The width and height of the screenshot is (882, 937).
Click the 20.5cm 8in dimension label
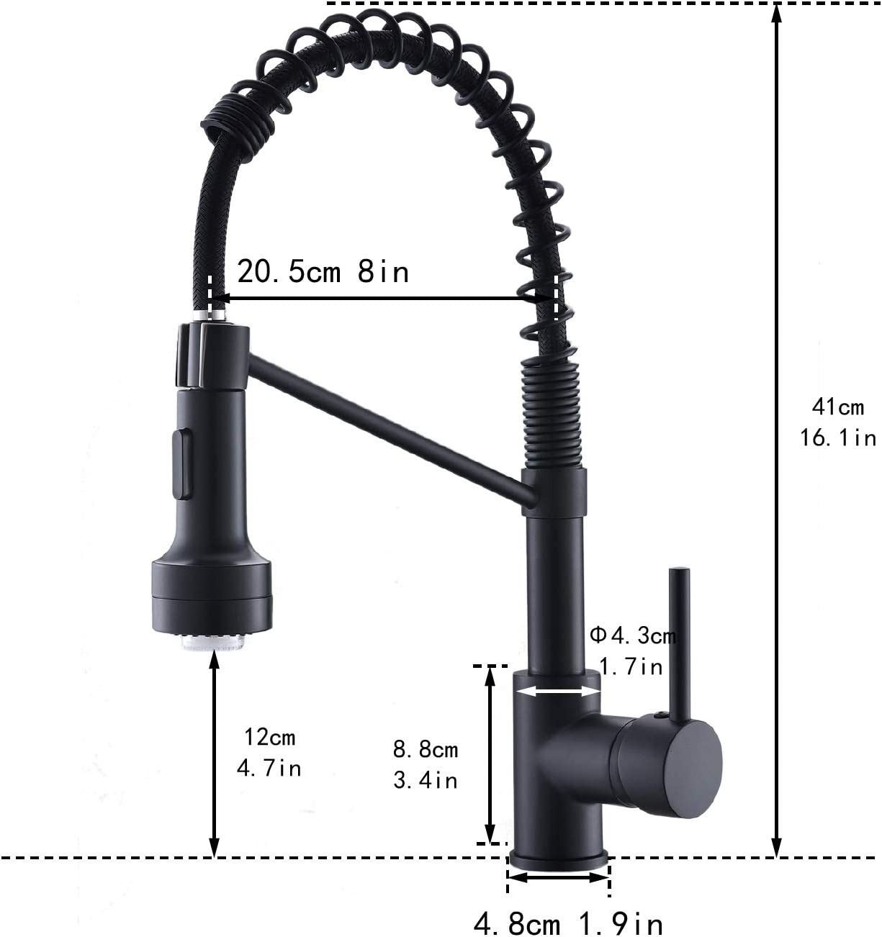323,272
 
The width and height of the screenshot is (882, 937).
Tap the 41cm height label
837,407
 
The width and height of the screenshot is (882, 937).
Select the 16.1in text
837,438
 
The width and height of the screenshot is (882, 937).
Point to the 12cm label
269,737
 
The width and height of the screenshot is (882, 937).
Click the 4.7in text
269,768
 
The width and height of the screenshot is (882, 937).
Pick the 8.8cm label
426,750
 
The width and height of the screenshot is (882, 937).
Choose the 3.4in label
426,780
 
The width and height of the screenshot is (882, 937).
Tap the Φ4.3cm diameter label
633,636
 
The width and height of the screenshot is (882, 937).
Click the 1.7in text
631,667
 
